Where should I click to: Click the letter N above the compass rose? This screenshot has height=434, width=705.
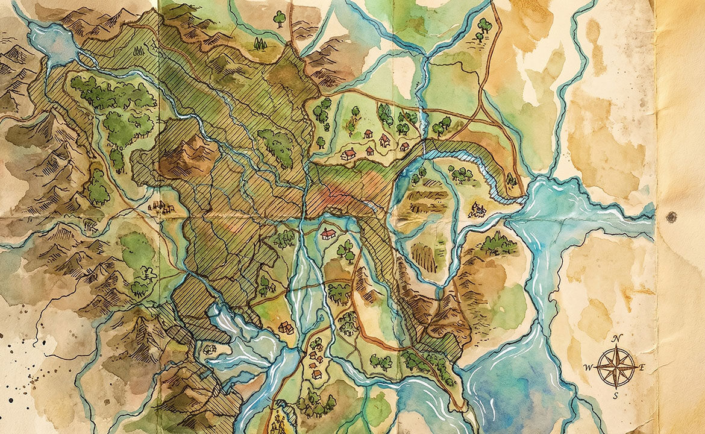pos(616,339)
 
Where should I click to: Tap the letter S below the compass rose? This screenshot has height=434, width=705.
pos(616,395)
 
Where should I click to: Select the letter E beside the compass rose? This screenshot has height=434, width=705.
pos(642,366)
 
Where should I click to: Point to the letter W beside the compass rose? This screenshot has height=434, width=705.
pos(588,366)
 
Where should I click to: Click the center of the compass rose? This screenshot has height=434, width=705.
pos(616,367)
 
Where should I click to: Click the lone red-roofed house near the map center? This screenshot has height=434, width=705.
pos(328,233)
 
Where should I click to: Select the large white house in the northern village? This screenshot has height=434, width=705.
pos(348,155)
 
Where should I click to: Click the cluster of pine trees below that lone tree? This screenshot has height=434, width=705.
pos(260,44)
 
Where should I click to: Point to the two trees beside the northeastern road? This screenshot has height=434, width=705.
pos(483,29)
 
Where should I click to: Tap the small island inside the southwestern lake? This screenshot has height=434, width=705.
pos(209,348)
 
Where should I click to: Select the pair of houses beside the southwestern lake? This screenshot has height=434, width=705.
pos(286,328)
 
